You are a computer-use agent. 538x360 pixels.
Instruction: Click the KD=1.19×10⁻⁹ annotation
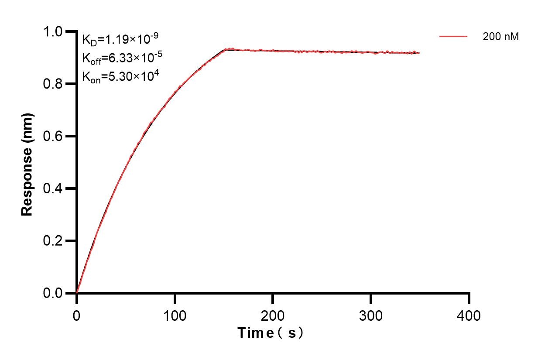[x=117, y=39]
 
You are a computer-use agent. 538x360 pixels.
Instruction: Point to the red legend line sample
[x=453, y=37]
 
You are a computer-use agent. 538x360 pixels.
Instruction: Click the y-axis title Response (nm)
[x=27, y=164]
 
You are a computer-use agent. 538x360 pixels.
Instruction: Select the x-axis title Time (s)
[x=271, y=333]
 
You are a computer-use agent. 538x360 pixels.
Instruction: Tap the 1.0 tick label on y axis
[x=53, y=32]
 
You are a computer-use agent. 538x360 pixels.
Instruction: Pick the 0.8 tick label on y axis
[x=53, y=84]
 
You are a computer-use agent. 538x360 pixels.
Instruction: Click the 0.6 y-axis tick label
[x=53, y=137]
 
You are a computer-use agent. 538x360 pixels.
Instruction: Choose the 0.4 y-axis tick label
[x=53, y=189]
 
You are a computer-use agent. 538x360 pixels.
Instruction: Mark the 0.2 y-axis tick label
[x=53, y=241]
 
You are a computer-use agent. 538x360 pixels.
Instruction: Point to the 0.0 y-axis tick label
[x=53, y=293]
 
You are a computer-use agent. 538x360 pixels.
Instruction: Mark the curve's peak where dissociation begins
[x=226, y=50]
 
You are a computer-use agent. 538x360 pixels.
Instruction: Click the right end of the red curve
[x=419, y=53]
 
